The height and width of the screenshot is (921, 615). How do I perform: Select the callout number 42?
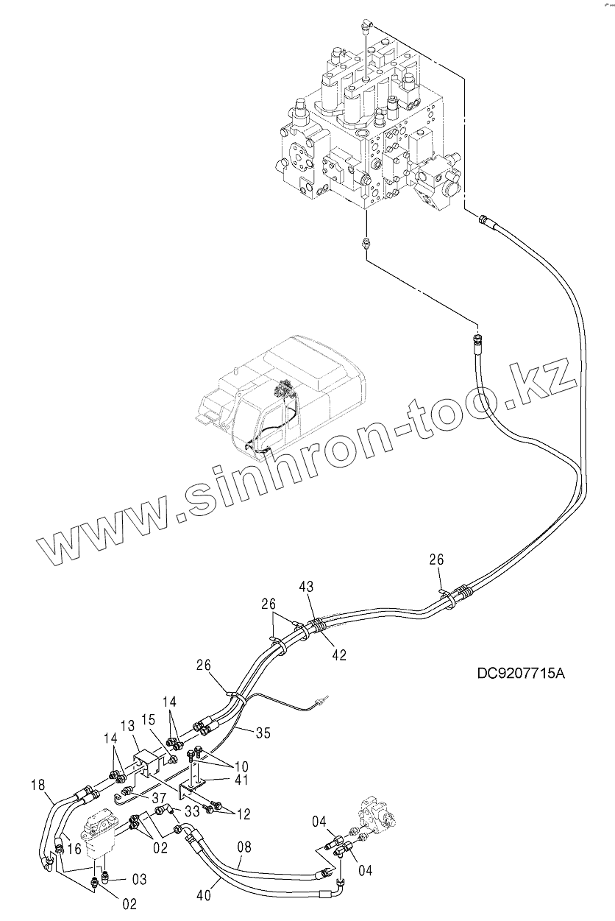click(x=339, y=654)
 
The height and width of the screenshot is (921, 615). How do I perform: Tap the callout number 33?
click(x=193, y=811)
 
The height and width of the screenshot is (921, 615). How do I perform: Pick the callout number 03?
click(x=139, y=880)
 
